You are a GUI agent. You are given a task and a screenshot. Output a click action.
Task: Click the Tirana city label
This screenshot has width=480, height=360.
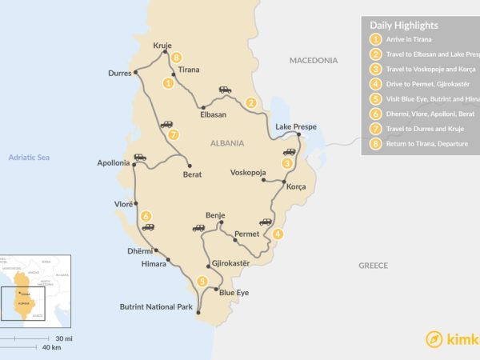(189, 70)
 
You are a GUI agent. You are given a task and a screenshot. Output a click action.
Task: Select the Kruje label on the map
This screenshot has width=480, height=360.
(162, 46)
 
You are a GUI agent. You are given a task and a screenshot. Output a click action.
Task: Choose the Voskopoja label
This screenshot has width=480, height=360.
(248, 172)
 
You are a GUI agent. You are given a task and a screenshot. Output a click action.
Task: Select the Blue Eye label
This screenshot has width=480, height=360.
(234, 293)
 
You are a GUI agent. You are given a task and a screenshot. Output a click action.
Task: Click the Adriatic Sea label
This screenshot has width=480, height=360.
(29, 158)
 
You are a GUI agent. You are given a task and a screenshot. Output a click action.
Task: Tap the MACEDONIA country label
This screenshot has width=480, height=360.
(318, 59)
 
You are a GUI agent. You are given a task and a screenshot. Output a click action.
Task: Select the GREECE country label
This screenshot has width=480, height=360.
(373, 265)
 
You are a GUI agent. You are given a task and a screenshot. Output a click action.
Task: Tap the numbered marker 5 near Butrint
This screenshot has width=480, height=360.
(202, 281)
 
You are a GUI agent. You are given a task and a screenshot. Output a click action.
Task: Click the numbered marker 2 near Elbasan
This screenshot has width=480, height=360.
(251, 102)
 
